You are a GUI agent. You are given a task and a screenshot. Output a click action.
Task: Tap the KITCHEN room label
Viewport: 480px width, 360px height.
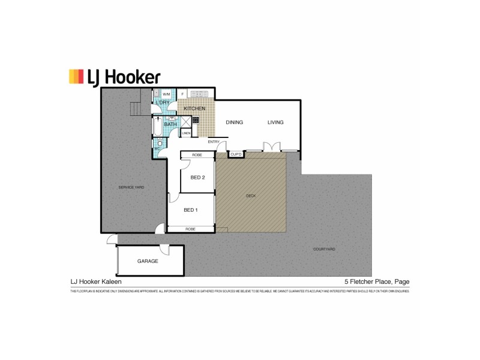(194, 109)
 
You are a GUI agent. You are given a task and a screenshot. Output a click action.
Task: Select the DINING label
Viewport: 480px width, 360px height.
(234, 122)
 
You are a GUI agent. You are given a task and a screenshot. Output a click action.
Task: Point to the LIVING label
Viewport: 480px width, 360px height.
(275, 122)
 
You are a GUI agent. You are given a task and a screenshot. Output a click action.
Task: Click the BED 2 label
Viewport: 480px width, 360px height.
(198, 177)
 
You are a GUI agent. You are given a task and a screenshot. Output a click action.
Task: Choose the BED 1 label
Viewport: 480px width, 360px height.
(190, 210)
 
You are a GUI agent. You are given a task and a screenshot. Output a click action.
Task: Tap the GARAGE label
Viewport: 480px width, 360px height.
(148, 261)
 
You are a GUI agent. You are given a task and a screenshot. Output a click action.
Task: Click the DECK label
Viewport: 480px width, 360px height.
(251, 196)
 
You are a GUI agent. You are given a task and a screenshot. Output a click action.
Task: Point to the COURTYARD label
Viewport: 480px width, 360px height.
(324, 249)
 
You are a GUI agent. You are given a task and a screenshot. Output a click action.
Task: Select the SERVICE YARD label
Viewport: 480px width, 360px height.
(131, 188)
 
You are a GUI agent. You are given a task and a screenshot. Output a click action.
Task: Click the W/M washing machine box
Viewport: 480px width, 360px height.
(166, 94)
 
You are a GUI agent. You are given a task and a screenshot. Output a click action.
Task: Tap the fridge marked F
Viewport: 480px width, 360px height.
(182, 94)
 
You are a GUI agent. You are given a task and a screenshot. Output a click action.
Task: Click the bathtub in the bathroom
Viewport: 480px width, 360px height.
(157, 127)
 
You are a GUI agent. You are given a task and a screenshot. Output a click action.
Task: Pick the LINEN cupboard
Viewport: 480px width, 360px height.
(186, 133)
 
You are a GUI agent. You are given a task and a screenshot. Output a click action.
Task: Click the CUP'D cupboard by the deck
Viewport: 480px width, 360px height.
(236, 155)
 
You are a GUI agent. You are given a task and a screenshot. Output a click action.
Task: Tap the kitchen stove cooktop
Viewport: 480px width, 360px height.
(195, 119)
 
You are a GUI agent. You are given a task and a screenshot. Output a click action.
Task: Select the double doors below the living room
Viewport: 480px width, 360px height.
(271, 146)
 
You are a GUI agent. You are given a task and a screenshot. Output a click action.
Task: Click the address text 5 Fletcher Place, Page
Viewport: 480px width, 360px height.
(376, 281)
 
